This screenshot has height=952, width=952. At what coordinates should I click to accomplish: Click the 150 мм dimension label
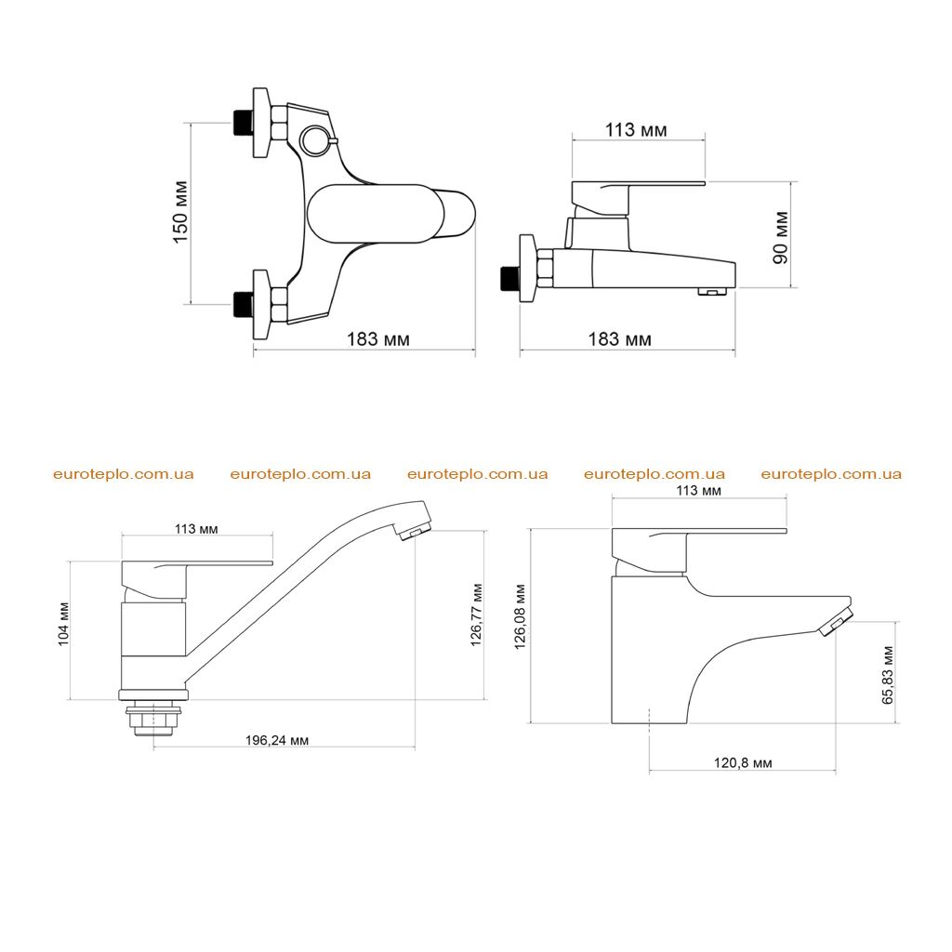click(x=181, y=212)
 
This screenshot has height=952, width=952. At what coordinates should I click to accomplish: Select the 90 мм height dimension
click(x=780, y=237)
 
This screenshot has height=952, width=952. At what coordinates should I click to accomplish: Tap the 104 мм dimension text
click(x=64, y=624)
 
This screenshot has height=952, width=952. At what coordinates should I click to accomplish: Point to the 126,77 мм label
click(x=477, y=615)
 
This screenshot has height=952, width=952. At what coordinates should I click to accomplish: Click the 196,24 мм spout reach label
click(x=277, y=740)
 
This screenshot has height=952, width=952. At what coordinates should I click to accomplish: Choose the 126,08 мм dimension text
click(x=521, y=617)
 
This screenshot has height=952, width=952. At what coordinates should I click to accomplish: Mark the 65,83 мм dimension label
click(x=888, y=675)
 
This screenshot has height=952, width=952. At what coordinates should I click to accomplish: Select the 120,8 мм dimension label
click(x=743, y=762)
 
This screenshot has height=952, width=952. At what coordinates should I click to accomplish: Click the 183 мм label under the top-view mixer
click(x=377, y=338)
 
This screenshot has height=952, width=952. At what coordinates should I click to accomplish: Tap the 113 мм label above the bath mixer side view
click(x=636, y=130)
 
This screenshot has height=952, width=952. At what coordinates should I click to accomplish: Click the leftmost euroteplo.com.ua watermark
click(x=124, y=474)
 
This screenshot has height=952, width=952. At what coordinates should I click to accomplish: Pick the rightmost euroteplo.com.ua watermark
click(x=831, y=474)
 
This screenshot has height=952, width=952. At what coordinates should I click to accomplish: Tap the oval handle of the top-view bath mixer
click(x=377, y=214)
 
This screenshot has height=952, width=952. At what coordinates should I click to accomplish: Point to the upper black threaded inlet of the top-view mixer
click(x=243, y=123)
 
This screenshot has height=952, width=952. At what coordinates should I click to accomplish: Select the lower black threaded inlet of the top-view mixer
click(x=243, y=304)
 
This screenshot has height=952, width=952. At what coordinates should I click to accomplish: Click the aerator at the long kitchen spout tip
click(x=414, y=531)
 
